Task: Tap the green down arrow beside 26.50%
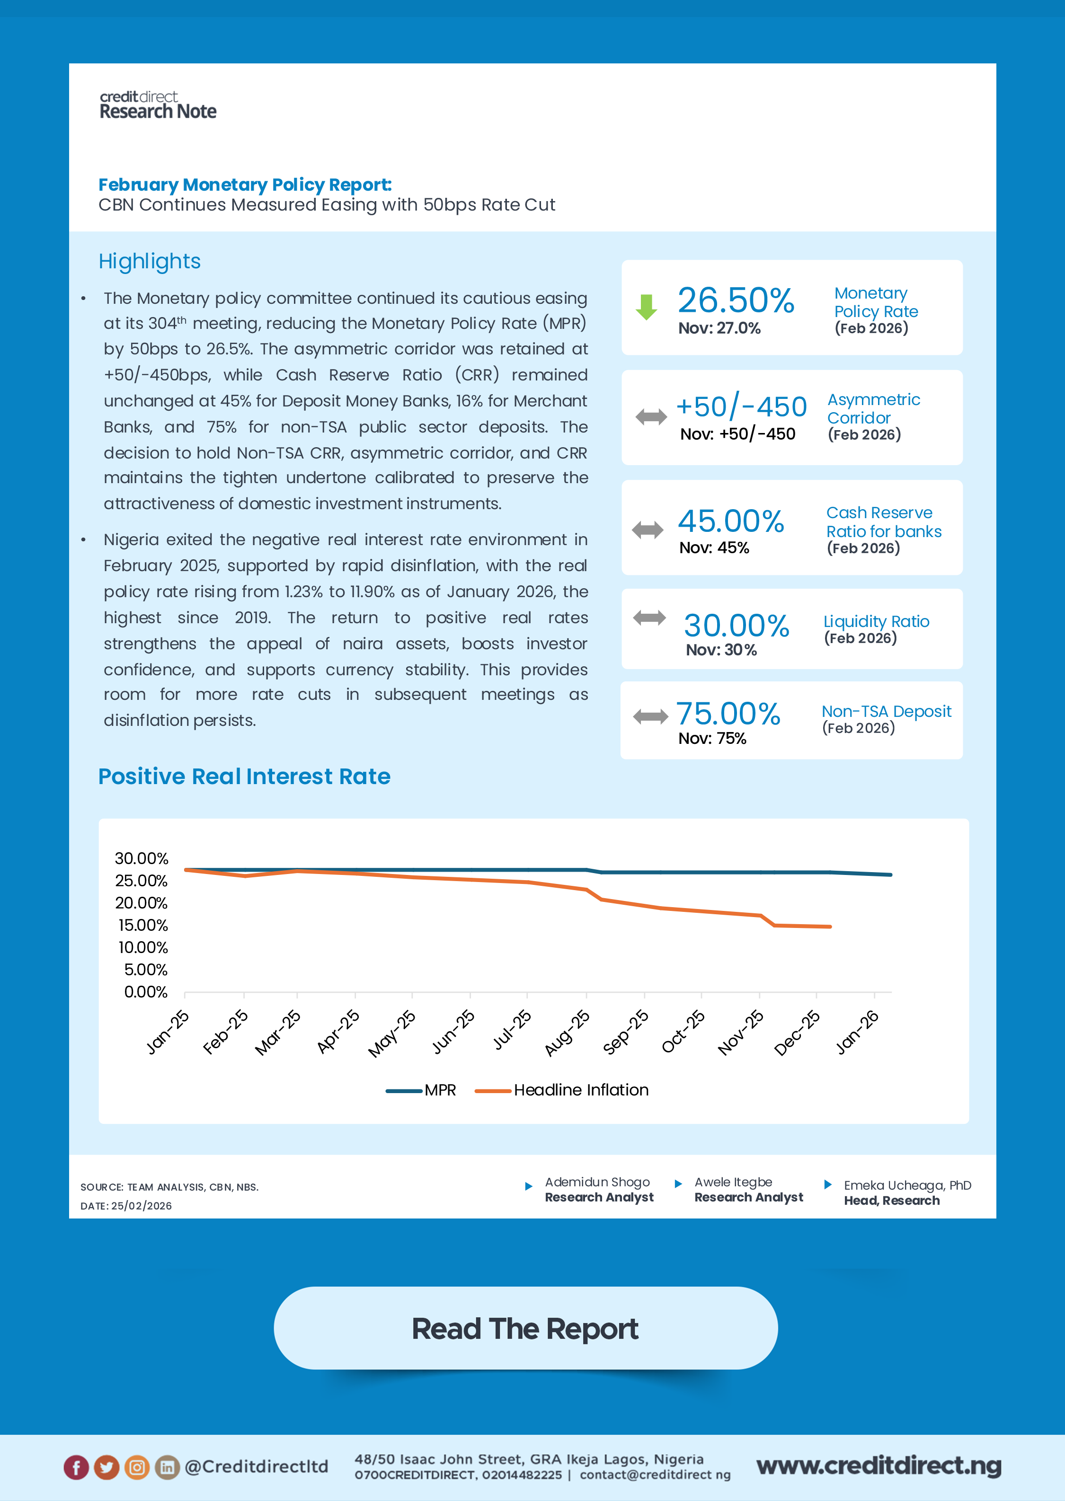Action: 647,307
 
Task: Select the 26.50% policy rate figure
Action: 736,300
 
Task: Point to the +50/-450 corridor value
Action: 741,407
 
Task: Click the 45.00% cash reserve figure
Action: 730,521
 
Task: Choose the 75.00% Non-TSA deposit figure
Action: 728,713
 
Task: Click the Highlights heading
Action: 150,261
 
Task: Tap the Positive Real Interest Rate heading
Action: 244,776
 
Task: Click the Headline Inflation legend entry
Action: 562,1090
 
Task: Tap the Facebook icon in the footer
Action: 76,1467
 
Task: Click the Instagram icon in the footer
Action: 136,1467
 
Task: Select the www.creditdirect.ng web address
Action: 879,1466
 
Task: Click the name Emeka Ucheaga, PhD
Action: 907,1185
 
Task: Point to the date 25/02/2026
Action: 141,1205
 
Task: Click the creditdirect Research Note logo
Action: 158,106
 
